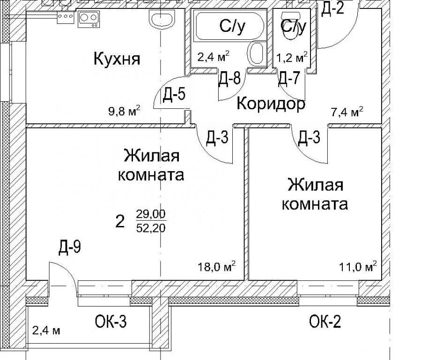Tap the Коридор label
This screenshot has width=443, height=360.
(271, 104)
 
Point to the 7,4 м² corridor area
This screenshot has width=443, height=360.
(347, 112)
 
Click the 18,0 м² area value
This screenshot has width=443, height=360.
(217, 267)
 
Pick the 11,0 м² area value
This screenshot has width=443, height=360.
(358, 267)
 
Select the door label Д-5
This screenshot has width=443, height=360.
(174, 94)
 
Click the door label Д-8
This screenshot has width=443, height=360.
(229, 78)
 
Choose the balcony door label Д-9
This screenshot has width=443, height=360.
(70, 247)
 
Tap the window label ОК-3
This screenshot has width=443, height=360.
(111, 322)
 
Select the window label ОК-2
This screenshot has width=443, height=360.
(325, 322)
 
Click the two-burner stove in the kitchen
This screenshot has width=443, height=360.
(89, 19)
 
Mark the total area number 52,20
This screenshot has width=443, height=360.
(151, 228)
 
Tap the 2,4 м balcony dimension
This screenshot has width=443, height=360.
(46, 330)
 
